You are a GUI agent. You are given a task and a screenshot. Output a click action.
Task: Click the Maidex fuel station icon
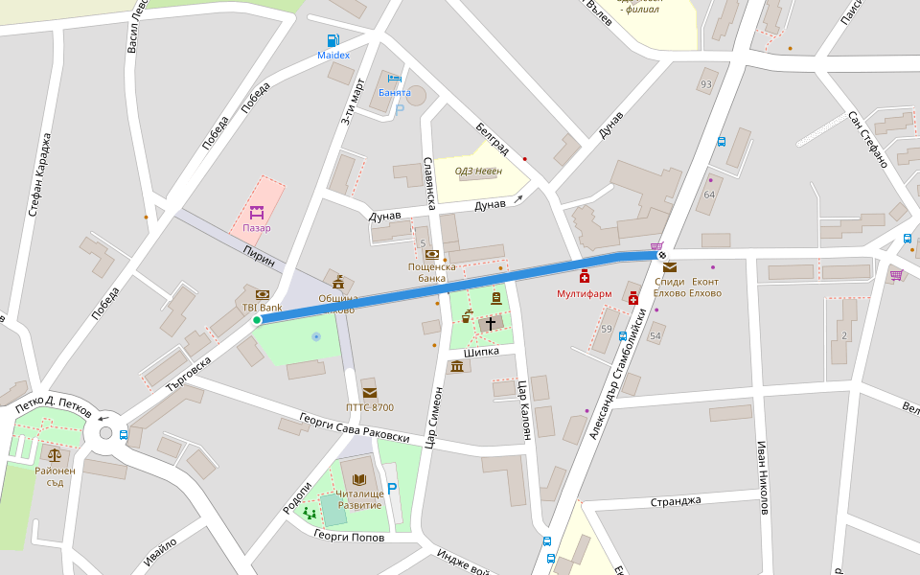point(333,40)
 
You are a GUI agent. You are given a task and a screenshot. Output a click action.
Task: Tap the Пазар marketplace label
point(256,228)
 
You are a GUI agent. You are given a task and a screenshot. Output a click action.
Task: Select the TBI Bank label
point(262,308)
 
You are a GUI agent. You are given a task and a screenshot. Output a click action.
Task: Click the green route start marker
point(257,320)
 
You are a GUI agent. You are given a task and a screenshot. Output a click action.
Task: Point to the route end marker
point(661,255)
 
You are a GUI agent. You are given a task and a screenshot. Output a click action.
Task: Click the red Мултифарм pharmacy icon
point(584,277)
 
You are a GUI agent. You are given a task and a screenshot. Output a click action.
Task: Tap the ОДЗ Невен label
point(478,171)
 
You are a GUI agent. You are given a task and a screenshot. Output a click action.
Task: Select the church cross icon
point(491,324)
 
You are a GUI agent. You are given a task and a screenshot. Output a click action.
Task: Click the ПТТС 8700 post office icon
point(370,393)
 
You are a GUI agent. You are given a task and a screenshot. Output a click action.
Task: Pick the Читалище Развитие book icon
point(359,479)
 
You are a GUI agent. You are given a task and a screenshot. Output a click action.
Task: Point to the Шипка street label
point(481,352)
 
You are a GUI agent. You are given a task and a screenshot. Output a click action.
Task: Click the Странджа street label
point(676,501)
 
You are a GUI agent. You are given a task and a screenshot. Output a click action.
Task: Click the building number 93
point(706,84)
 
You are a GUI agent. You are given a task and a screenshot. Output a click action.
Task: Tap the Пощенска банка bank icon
point(432,255)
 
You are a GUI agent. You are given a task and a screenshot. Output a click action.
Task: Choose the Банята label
point(394,93)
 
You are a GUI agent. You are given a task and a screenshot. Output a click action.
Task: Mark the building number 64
point(709,195)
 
